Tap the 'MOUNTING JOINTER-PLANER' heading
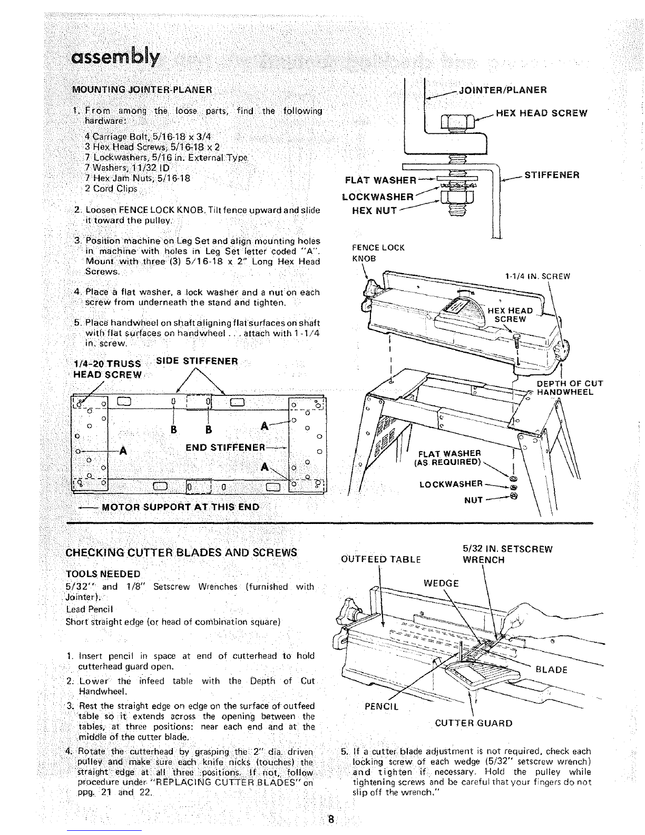pos(142,89)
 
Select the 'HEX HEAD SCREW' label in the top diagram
pos(542,113)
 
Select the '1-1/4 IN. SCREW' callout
pos(537,276)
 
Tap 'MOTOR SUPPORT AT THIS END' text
pos(180,507)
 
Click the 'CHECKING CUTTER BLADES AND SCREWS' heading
pos(181,553)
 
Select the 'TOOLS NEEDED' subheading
pos(103,574)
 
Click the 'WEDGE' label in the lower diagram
pos(441,584)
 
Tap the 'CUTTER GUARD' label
pos(473,723)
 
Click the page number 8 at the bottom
pos(331,820)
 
